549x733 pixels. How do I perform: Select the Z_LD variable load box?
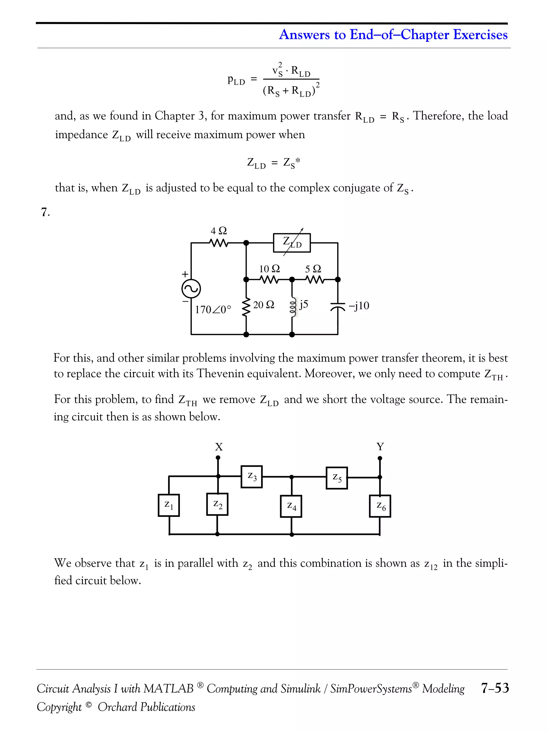point(292,243)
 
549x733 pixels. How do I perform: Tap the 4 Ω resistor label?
point(219,231)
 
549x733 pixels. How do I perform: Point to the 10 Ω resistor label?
point(269,269)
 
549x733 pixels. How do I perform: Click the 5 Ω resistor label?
point(313,269)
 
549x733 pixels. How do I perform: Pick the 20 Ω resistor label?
point(264,305)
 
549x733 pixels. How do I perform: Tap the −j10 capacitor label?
point(359,305)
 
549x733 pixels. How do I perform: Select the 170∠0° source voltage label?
point(213,309)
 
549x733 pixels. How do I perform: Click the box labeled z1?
point(169,505)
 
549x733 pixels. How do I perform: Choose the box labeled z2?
point(217,504)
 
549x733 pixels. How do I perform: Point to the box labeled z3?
point(252,476)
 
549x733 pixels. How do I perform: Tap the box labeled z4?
point(291,506)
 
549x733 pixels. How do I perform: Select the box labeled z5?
point(337,478)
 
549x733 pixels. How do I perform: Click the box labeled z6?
point(380,506)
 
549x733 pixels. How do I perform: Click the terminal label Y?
point(380,447)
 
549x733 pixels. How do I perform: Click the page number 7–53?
point(495,688)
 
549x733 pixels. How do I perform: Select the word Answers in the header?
point(304,35)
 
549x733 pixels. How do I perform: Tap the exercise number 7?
point(45,212)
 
